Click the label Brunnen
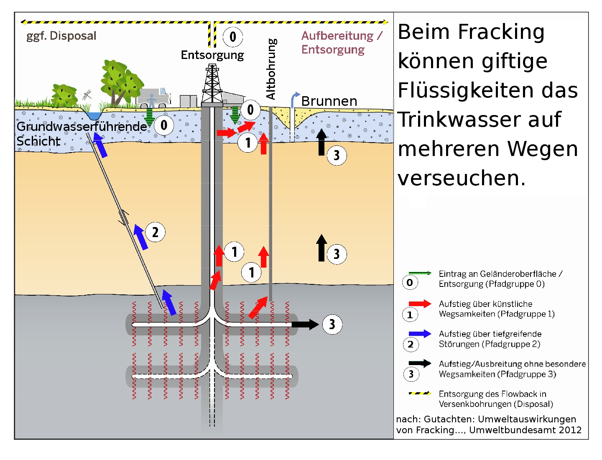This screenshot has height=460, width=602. click(329, 101)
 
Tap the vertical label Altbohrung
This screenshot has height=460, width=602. click(271, 69)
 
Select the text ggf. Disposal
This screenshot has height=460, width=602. click(61, 36)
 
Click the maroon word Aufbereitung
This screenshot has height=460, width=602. click(337, 36)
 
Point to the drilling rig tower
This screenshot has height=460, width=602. click(212, 84)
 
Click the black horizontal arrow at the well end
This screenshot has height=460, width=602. click(305, 324)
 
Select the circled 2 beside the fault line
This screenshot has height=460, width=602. click(155, 232)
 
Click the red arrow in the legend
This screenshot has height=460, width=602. click(420, 304)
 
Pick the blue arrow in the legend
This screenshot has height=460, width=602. click(420, 334)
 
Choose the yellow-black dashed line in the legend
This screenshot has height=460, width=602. click(420, 394)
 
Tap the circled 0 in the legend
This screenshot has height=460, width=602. click(410, 283)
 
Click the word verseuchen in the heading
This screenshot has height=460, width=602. click(462, 179)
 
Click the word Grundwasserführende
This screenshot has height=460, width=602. click(82, 126)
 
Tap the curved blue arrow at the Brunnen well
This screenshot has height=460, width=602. click(294, 98)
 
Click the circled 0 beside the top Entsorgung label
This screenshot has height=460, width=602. click(232, 37)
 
